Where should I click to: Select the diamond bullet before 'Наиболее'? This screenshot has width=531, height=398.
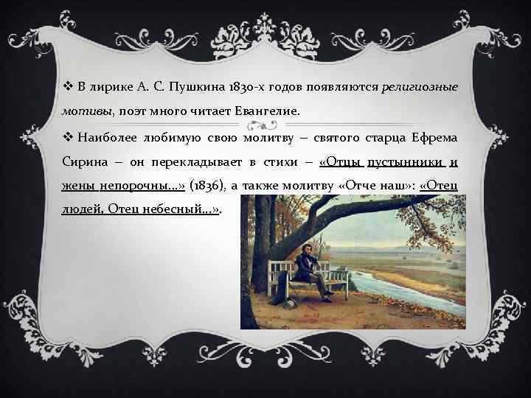point(66,137)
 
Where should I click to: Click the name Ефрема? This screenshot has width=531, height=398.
point(433,137)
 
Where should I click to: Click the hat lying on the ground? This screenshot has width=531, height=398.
point(288,301)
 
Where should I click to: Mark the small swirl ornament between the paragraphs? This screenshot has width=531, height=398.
point(265,125)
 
